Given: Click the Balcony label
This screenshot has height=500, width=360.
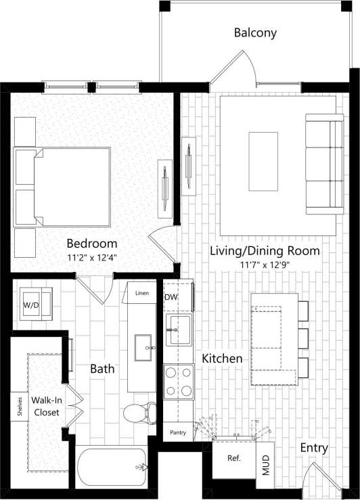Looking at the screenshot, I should point(255,32).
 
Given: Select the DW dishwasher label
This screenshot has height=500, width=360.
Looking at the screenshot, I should point(171,296).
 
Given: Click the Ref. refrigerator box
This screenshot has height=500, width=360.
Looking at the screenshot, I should point(234,458).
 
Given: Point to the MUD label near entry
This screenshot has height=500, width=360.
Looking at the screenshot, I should point(267,467).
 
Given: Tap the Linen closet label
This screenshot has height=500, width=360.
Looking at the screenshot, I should point(141,293).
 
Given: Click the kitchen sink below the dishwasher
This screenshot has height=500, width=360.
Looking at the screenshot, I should point(179,329).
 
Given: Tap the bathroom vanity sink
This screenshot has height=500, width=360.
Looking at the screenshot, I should point(143,348).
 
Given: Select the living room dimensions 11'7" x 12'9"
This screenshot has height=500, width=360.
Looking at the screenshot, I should point(264,265).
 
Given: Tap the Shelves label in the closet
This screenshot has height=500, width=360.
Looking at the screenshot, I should point(20,407).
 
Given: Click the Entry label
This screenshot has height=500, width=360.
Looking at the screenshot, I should point(314,447).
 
